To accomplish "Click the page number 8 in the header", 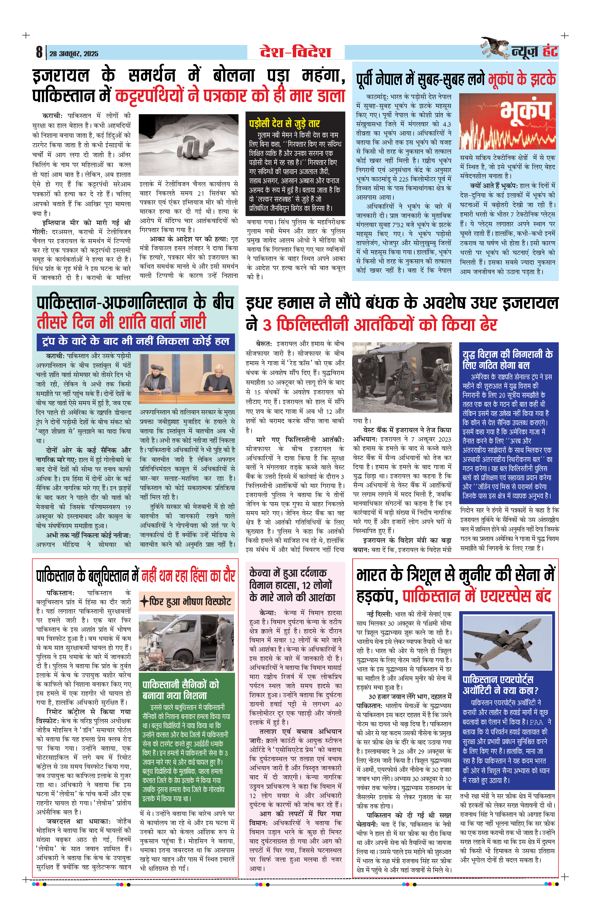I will coord(39,52).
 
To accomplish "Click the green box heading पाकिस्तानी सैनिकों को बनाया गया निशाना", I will coord(180,689).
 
